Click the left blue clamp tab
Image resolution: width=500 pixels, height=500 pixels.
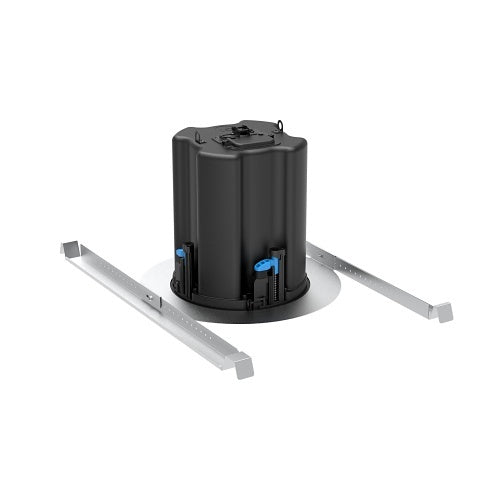pos(184,251)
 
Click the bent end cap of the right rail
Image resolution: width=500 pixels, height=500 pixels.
pos(440,311)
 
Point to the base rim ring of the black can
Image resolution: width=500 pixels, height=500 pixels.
pos(240,305)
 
